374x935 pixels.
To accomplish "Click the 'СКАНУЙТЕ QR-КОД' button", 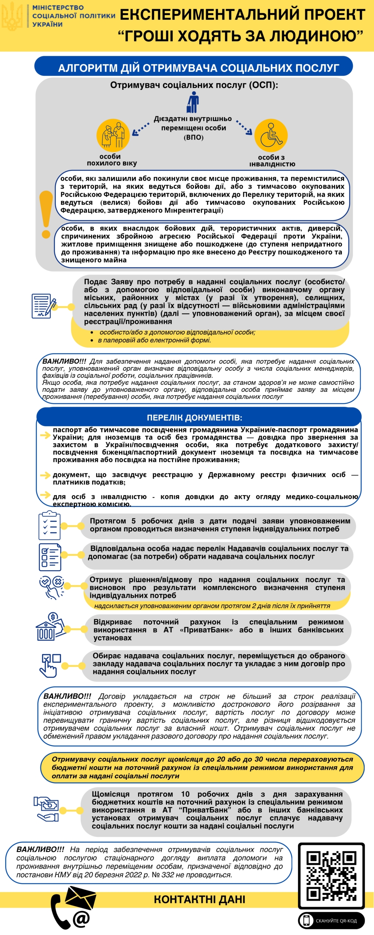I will tap(331, 920).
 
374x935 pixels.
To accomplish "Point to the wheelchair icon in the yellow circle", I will tap(271, 136).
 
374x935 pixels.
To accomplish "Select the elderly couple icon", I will tap(113, 135).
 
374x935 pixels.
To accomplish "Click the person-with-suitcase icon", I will tap(193, 103).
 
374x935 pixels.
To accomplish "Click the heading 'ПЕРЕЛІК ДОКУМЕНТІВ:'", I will tap(194, 417).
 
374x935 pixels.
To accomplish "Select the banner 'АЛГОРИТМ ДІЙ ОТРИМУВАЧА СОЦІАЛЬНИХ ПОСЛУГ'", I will tap(194, 68).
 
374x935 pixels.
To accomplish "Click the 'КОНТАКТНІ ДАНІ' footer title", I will tap(199, 899).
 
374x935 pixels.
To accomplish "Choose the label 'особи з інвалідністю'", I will tap(272, 160).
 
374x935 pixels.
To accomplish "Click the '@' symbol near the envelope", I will tap(81, 917).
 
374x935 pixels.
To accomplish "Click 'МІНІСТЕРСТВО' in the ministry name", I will tap(58, 8).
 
